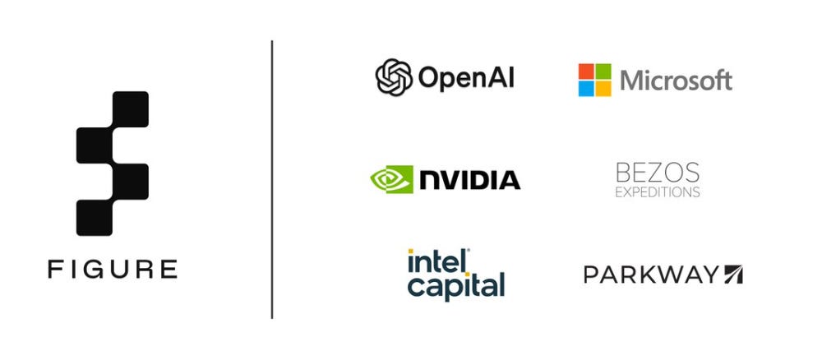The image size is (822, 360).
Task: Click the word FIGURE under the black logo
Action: pyautogui.click(x=113, y=269)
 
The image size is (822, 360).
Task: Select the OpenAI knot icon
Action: pyautogui.click(x=395, y=78)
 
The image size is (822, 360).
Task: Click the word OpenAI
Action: pyautogui.click(x=466, y=78)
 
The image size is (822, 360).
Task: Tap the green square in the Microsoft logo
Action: pyautogui.click(x=603, y=71)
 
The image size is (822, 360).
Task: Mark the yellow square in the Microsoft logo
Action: pyautogui.click(x=603, y=89)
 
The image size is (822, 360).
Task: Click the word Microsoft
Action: pyautogui.click(x=676, y=81)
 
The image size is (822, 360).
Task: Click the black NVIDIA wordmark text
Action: pyautogui.click(x=469, y=180)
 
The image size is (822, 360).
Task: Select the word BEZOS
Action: pyautogui.click(x=658, y=173)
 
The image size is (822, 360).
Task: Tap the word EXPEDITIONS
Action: pyautogui.click(x=658, y=192)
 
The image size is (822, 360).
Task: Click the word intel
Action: pyautogui.click(x=436, y=262)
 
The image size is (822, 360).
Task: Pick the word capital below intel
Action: pyautogui.click(x=456, y=286)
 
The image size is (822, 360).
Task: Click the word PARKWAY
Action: pyautogui.click(x=651, y=275)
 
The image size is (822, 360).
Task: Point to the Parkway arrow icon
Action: pyautogui.click(x=733, y=275)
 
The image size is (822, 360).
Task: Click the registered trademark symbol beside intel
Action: pyautogui.click(x=468, y=251)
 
